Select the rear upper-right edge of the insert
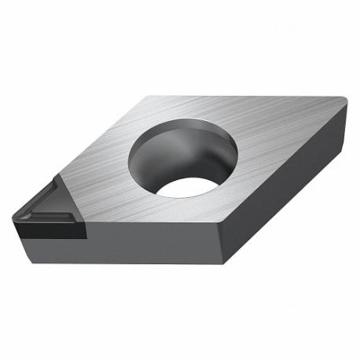tap(252, 96)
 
